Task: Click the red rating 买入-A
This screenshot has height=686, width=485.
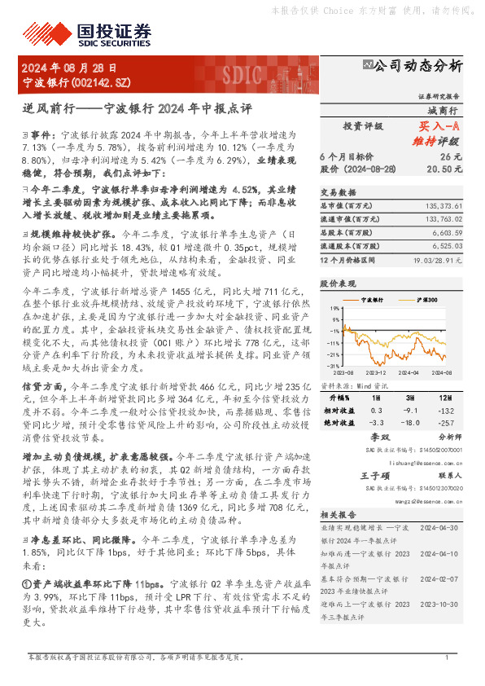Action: click(x=439, y=127)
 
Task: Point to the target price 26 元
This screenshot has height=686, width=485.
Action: click(x=451, y=156)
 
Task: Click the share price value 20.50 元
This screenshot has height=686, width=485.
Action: click(x=447, y=169)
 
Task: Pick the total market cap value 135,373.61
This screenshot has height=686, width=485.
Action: click(x=440, y=207)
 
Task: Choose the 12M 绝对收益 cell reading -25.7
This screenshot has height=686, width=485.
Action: click(x=443, y=424)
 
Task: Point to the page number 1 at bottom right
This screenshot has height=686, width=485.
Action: click(x=448, y=657)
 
